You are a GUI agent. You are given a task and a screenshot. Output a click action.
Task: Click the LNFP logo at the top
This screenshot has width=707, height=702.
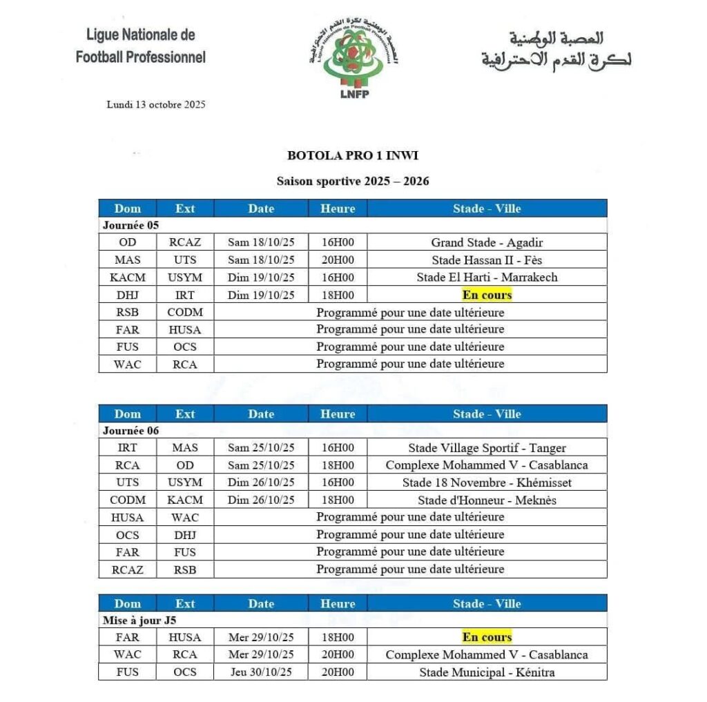pyautogui.click(x=353, y=62)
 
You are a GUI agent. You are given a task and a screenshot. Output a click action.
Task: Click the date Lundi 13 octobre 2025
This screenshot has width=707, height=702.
pyautogui.click(x=156, y=105)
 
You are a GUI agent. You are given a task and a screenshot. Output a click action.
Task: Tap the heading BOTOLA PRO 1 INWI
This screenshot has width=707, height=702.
pyautogui.click(x=352, y=156)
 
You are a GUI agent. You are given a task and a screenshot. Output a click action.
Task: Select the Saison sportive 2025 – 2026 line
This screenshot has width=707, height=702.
pyautogui.click(x=353, y=182)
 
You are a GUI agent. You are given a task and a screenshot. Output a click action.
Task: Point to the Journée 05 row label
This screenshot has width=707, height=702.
pyautogui.click(x=131, y=226)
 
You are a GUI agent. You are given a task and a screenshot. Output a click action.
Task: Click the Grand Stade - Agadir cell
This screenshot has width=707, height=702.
pyautogui.click(x=487, y=243)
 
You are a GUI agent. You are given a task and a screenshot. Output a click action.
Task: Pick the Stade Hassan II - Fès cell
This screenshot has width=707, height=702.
pyautogui.click(x=487, y=260)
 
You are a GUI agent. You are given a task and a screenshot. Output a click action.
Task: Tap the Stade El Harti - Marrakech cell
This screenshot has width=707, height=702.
pyautogui.click(x=487, y=277)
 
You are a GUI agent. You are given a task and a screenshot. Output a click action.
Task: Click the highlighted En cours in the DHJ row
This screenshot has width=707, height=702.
pyautogui.click(x=487, y=295)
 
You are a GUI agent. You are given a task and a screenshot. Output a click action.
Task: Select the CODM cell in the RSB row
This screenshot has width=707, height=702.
pyautogui.click(x=185, y=312)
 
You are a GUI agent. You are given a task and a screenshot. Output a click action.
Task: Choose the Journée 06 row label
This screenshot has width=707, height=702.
pyautogui.click(x=131, y=431)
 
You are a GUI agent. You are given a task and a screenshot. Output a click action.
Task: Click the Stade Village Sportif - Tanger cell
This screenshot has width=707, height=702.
pyautogui.click(x=487, y=448)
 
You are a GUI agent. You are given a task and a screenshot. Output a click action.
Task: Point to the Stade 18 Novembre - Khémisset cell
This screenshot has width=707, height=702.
pyautogui.click(x=487, y=482)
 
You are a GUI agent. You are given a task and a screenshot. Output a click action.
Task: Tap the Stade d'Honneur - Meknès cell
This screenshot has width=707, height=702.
pyautogui.click(x=487, y=500)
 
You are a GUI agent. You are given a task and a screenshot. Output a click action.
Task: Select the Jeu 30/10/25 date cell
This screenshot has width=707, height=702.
pyautogui.click(x=261, y=672)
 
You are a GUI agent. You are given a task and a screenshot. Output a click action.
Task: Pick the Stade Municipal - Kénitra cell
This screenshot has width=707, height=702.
pyautogui.click(x=487, y=672)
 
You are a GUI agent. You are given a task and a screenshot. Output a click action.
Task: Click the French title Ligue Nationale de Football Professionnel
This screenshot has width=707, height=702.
pyautogui.click(x=141, y=46)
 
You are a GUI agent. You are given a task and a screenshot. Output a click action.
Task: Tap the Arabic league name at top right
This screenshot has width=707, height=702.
pyautogui.click(x=556, y=48)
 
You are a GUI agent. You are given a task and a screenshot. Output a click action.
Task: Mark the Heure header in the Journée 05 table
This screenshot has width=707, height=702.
pyautogui.click(x=338, y=208)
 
